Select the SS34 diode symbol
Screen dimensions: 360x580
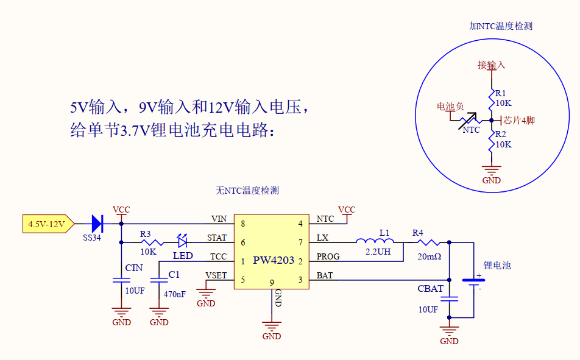tap(96, 224)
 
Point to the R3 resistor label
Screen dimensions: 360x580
tap(145, 234)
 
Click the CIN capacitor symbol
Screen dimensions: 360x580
tap(121, 280)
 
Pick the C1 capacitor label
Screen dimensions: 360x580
tap(174, 274)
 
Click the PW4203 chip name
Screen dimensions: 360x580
tap(274, 261)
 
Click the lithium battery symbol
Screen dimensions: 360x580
tap(473, 281)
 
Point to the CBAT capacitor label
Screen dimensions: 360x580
tap(430, 288)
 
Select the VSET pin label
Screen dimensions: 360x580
tap(216, 275)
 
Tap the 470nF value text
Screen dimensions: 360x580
tap(174, 294)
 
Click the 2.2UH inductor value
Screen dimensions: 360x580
tap(378, 251)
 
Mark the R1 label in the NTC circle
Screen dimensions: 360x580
tap(500, 93)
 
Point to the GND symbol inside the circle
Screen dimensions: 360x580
tap(491, 171)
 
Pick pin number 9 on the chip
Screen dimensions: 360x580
tap(272, 282)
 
